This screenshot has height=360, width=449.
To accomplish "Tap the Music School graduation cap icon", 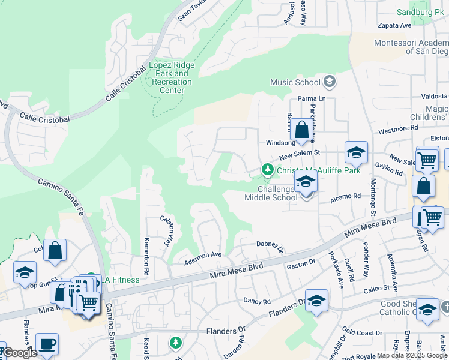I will tap(329, 82).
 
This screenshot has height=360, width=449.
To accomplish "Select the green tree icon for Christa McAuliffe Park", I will tap(267, 171).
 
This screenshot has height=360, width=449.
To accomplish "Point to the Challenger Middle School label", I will tap(271, 193).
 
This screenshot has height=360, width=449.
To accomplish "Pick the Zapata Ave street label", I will tap(394, 25).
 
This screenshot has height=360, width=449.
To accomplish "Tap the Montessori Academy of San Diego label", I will tap(411, 47).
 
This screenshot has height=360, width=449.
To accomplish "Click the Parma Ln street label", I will tap(311, 99).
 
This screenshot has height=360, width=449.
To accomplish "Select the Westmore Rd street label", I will tap(397, 128).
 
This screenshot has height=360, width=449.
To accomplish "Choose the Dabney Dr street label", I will tap(270, 245).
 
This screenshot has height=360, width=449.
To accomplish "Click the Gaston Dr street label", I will tap(301, 263).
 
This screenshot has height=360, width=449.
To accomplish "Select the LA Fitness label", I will tap(121, 280).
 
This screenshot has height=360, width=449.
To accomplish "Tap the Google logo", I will tap(19, 353).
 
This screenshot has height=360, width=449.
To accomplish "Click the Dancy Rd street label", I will tap(256, 299).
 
